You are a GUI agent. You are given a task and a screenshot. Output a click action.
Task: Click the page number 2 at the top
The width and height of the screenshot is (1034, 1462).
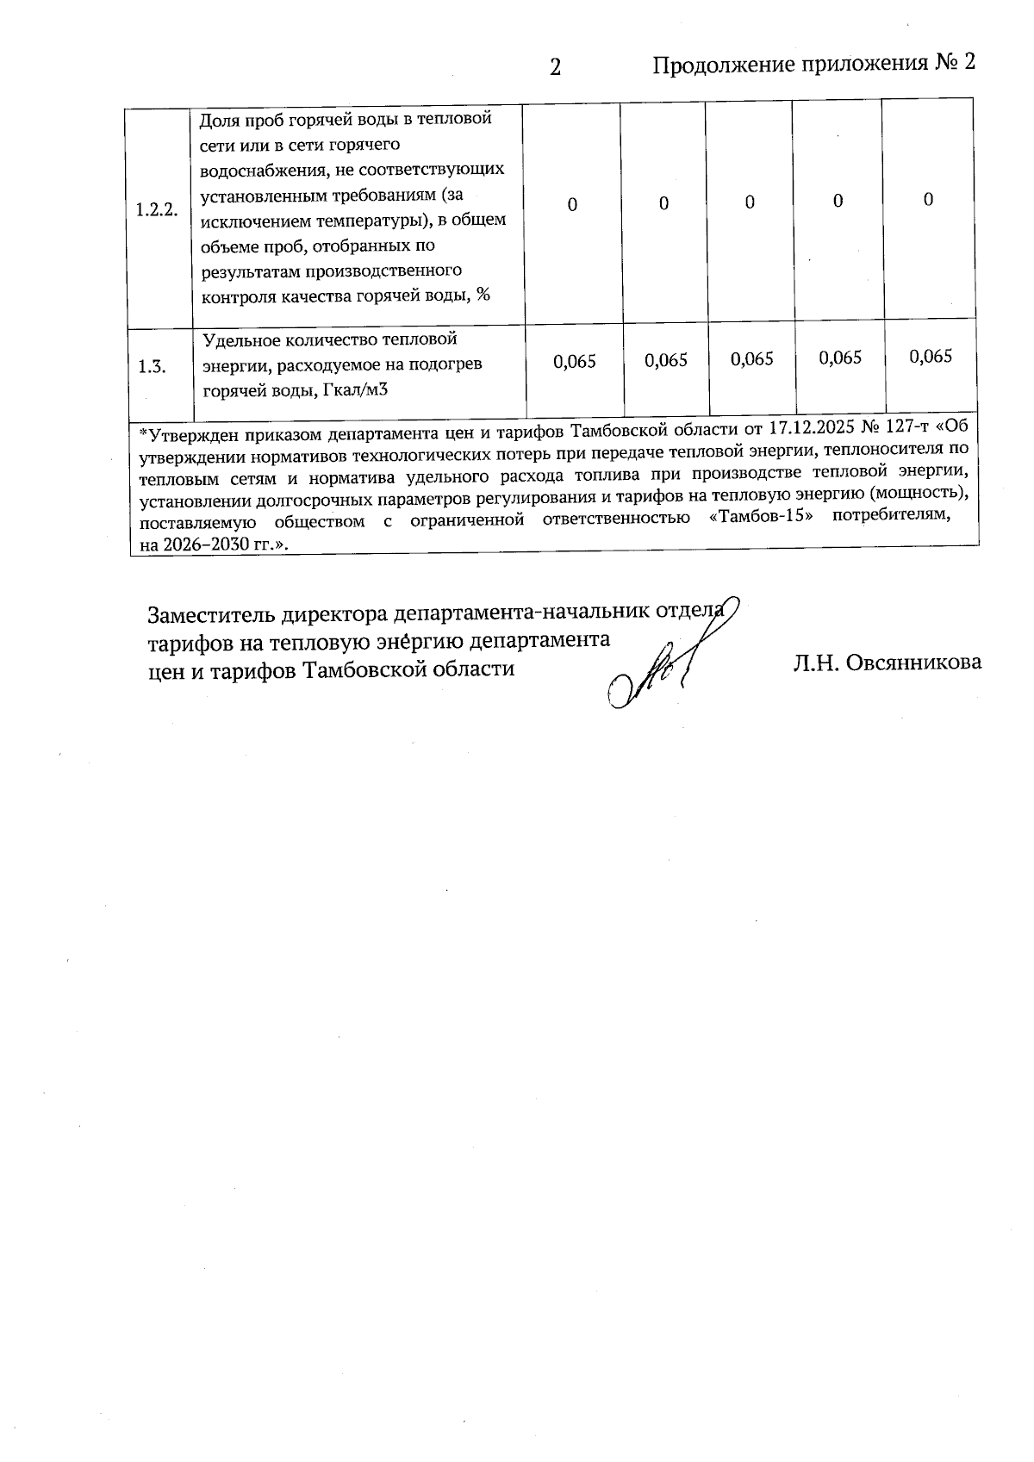tap(556, 66)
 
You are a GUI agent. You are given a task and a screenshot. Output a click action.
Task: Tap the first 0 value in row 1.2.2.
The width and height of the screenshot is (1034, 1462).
tap(572, 204)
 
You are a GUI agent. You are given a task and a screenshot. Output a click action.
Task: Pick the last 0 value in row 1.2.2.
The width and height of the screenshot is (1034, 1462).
tap(928, 200)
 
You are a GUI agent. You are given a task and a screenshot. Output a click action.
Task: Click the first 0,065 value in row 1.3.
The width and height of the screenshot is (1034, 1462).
tap(575, 362)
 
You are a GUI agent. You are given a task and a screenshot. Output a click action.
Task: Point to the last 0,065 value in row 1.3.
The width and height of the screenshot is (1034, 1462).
tap(931, 357)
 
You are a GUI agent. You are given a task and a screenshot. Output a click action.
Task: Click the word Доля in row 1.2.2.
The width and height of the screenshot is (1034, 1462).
tap(217, 119)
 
